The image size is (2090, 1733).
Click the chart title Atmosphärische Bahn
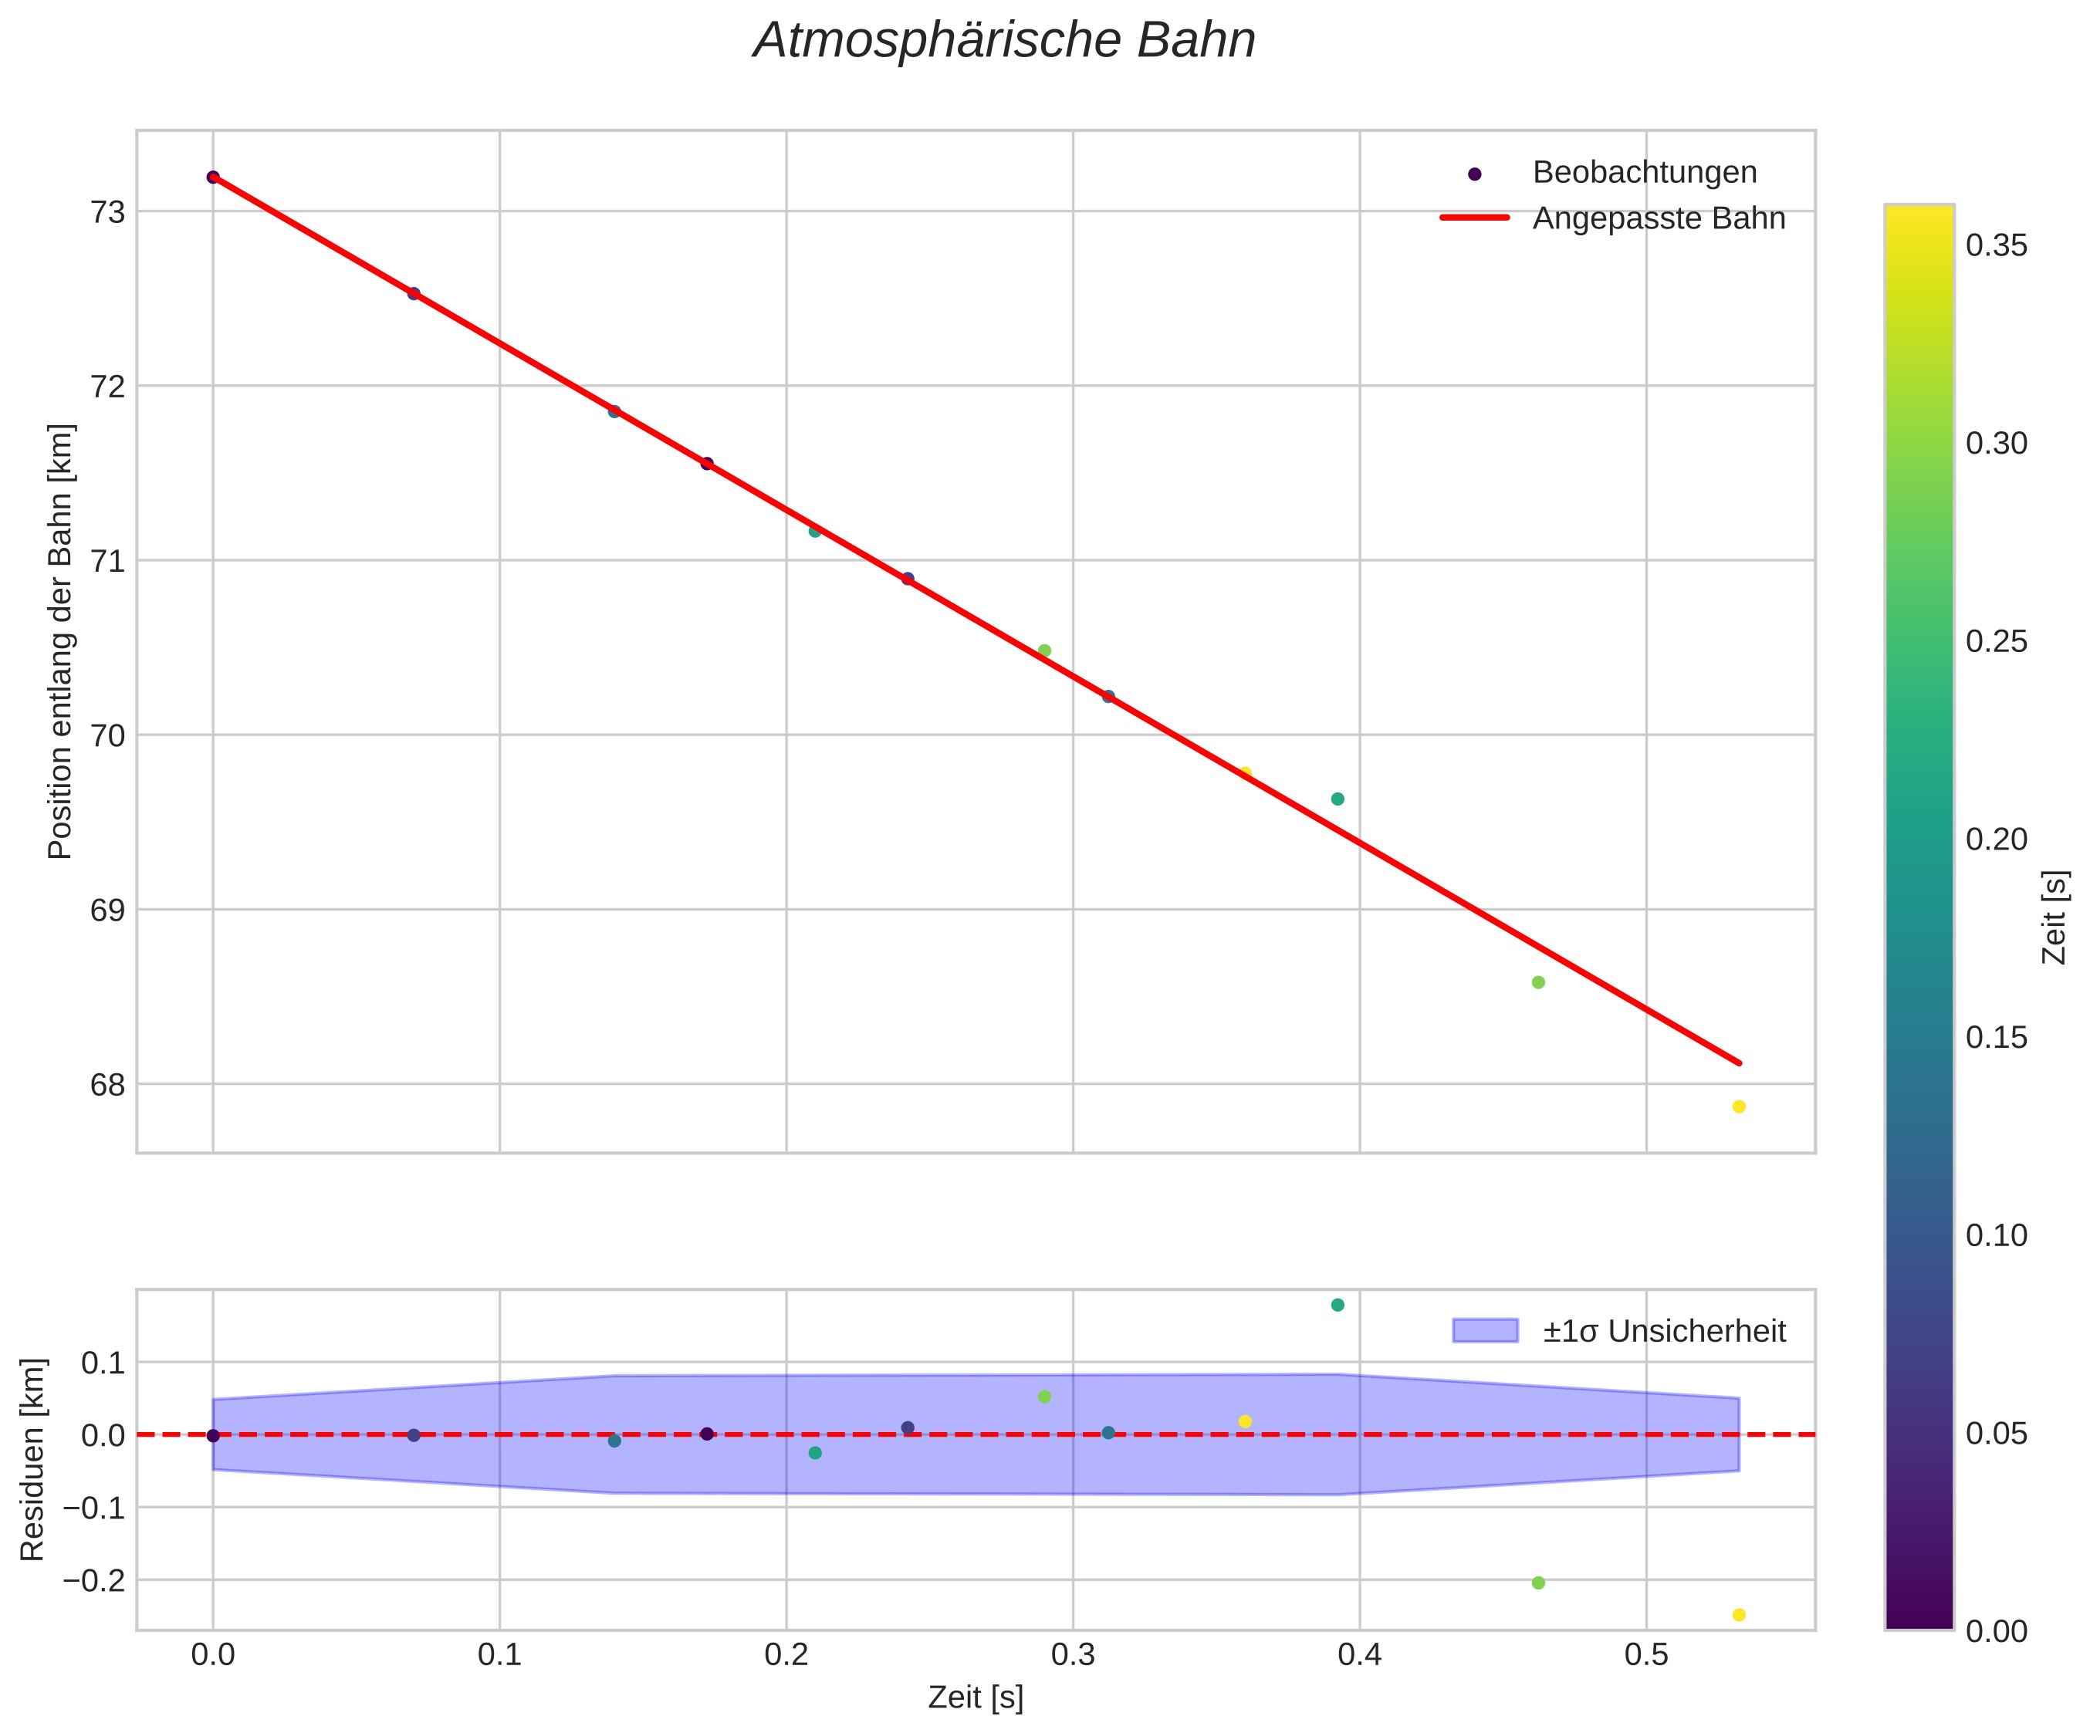[x=1004, y=41]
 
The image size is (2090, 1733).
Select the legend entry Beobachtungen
[x=1644, y=172]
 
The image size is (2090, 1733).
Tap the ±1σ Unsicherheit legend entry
[x=1664, y=1331]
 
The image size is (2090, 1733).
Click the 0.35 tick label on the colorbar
[x=1997, y=245]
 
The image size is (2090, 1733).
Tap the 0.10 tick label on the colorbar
[x=1997, y=1235]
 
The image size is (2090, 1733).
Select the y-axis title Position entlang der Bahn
[x=61, y=642]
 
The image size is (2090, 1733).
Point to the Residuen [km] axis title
[x=33, y=1459]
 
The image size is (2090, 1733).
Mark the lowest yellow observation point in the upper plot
[x=1739, y=1106]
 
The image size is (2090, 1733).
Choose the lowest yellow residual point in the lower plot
[x=1739, y=1615]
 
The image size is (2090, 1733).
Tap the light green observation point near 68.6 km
[x=1537, y=982]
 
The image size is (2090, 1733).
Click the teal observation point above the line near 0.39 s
[x=1338, y=799]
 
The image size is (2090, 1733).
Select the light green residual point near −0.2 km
[x=1537, y=1583]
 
